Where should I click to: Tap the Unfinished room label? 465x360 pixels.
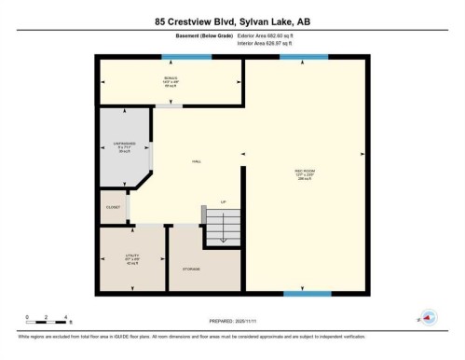(126, 146)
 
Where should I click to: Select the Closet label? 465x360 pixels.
(112, 207)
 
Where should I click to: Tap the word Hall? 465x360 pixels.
(197, 161)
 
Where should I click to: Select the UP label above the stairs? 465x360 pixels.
(223, 201)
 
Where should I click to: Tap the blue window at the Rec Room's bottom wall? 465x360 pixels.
(306, 294)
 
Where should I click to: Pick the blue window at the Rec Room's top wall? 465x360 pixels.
(303, 58)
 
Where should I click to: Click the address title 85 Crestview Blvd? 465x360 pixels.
(232, 19)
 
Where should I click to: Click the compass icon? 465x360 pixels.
(428, 317)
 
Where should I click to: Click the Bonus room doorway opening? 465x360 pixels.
(169, 106)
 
